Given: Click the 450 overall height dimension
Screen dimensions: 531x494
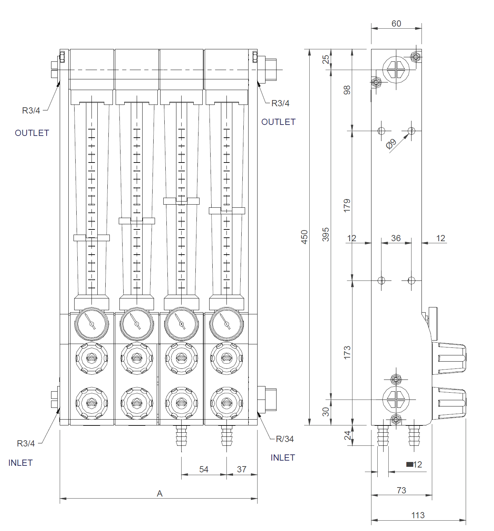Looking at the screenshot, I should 304,237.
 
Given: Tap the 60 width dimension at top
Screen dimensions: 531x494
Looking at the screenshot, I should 396,23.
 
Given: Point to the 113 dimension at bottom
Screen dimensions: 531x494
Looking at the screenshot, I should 418,515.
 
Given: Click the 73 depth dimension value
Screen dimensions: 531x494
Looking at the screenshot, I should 401,490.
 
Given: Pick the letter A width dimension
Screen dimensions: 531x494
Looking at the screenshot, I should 159,494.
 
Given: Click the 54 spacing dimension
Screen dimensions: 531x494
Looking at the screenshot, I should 204,469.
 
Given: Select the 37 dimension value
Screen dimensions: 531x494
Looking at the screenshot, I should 242,469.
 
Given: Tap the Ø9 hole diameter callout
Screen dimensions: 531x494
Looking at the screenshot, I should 391,144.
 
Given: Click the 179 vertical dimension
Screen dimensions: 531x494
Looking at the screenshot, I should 347,205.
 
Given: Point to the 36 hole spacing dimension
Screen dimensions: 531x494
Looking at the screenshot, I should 396,238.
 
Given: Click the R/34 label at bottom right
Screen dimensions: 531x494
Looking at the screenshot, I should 285,439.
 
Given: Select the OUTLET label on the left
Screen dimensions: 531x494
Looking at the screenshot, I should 32,133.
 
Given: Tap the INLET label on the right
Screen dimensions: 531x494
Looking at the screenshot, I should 283,458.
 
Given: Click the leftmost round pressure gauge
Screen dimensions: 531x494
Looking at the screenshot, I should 91,324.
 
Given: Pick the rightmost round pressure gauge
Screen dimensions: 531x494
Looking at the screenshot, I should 226,324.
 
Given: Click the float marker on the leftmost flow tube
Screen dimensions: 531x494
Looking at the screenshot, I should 91,238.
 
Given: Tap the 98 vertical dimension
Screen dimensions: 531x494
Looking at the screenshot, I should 347,90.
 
